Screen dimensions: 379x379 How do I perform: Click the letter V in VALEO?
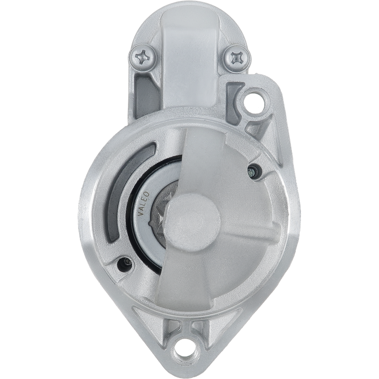click(141, 213)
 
